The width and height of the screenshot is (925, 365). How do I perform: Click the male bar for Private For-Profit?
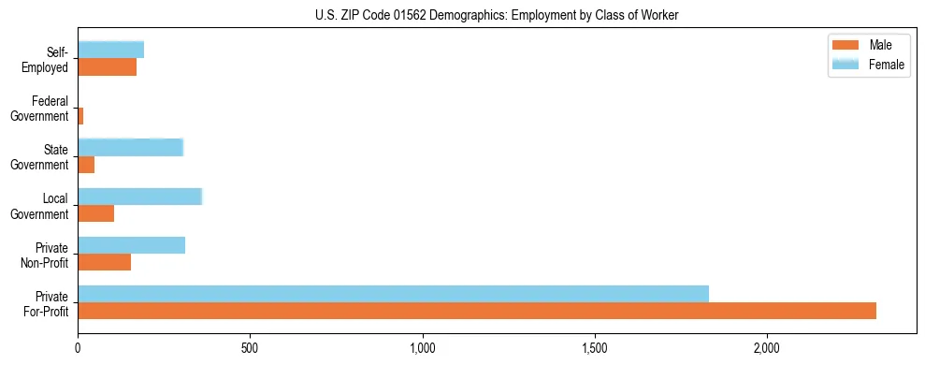click(477, 311)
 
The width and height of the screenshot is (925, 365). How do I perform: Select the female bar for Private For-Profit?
click(393, 293)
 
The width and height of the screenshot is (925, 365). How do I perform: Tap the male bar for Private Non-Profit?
click(105, 262)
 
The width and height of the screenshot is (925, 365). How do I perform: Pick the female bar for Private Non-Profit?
click(131, 245)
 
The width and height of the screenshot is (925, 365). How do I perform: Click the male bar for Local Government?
click(96, 213)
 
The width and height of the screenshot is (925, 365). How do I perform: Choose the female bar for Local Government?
click(139, 197)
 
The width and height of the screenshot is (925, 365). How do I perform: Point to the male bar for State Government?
click(86, 165)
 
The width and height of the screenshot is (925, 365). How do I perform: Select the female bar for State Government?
click(130, 147)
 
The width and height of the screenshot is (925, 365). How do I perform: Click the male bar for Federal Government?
click(80, 116)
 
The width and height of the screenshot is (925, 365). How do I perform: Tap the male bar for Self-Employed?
click(108, 67)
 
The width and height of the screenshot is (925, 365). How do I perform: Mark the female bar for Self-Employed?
click(110, 50)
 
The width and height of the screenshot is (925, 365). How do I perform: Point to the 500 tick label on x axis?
click(250, 347)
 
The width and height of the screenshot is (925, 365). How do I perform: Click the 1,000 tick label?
click(423, 347)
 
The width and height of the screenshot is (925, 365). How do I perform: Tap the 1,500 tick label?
click(595, 347)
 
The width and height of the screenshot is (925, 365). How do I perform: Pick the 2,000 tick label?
click(767, 347)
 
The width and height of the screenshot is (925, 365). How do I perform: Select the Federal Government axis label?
click(40, 109)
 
